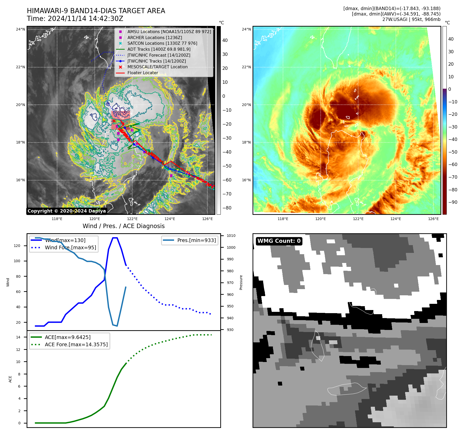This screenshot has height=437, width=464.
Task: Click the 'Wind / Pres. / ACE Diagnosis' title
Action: coord(123,226)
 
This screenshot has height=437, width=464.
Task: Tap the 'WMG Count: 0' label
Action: coord(279,241)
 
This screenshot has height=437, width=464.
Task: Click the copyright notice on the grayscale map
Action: coord(67,211)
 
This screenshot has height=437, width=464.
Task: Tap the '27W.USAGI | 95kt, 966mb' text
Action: coord(411,19)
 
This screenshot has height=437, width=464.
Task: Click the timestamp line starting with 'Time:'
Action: coord(75,19)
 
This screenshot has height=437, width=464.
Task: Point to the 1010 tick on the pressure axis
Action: coord(231,236)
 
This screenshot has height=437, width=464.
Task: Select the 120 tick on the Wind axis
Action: coord(17,246)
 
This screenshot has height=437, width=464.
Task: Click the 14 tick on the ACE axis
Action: coord(18,337)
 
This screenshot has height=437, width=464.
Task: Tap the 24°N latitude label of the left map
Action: coord(20,29)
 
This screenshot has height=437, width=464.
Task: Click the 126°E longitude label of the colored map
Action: coord(433,219)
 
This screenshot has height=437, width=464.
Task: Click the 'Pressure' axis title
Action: coord(241,282)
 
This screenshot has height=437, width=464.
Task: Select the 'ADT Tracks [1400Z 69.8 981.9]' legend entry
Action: coord(159,49)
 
